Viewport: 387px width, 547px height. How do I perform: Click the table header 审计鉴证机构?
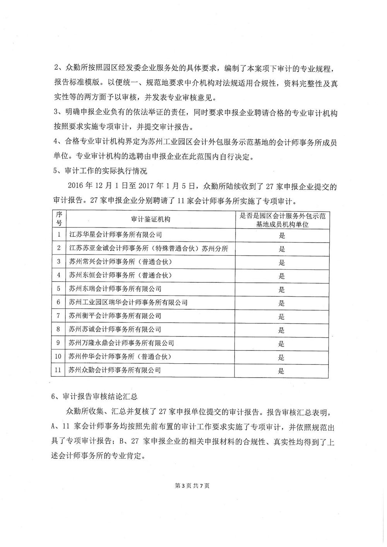[x=151, y=219]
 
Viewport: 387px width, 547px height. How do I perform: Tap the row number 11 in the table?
[x=58, y=370]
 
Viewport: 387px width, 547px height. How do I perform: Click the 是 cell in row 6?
[x=282, y=303]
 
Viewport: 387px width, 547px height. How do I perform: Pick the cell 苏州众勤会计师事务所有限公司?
[x=115, y=370]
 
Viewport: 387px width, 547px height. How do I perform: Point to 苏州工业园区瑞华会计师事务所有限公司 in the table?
[x=128, y=303]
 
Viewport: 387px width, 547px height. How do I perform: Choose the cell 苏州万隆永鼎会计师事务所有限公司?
[x=121, y=343]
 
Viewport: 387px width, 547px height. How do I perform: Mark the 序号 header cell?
[x=59, y=219]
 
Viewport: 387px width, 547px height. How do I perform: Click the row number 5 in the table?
[x=58, y=289]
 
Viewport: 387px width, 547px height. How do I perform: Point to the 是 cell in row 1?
[x=282, y=235]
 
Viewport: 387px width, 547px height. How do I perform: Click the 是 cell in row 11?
[x=282, y=371]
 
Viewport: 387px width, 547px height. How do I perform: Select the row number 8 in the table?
[x=58, y=330]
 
